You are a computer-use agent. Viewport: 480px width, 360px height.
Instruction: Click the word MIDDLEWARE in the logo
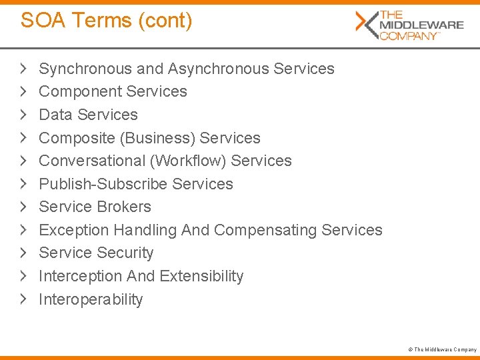point(421,25)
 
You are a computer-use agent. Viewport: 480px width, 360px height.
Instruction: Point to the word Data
point(56,115)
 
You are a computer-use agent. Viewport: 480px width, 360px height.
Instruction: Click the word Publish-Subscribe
point(103,184)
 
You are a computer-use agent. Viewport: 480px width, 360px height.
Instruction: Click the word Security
point(125,253)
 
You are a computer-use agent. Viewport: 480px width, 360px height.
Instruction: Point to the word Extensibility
point(201,276)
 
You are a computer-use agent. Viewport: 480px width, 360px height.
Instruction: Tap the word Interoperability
point(91,299)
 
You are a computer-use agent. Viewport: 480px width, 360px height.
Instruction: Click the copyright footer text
point(443,349)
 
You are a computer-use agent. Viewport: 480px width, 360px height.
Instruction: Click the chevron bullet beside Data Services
point(24,115)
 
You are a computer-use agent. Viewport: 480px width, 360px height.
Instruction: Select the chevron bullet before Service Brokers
point(24,207)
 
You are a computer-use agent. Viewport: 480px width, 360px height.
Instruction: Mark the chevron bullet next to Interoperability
point(24,299)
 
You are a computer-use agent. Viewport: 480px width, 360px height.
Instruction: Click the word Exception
point(74,230)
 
